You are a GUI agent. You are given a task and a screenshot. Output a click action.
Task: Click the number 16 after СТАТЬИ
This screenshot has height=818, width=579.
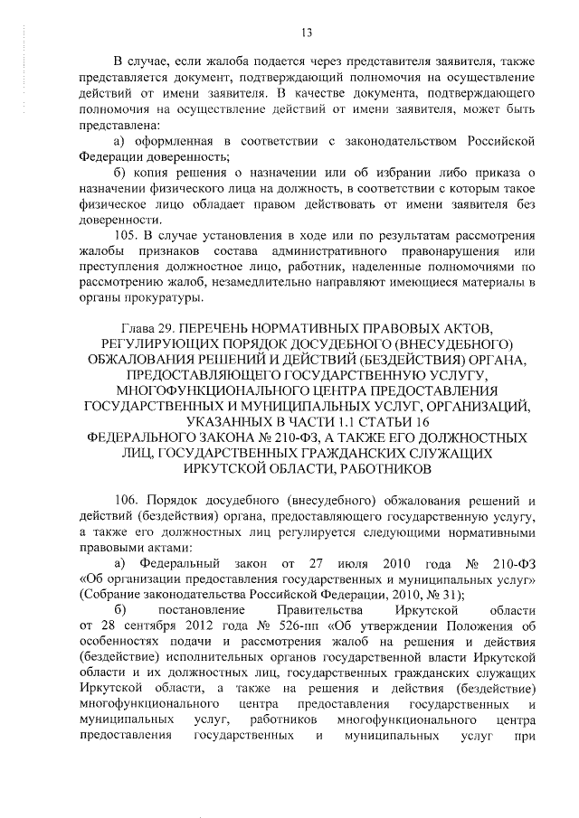tap(421, 422)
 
